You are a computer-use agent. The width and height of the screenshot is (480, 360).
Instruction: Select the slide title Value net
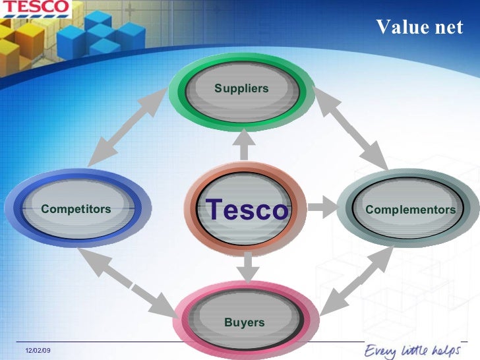pos(419,27)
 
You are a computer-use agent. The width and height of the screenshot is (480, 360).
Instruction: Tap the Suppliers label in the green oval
pos(241,88)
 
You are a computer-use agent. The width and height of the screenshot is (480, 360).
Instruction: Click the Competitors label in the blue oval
pos(76,209)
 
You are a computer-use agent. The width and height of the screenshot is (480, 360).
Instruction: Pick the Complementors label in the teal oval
pos(410,210)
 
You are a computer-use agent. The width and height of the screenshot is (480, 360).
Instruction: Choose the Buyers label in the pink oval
pos(244,322)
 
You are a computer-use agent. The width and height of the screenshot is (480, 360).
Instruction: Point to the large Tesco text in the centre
pos(247,210)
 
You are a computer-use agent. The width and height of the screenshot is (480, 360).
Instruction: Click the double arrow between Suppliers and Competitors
pos(126,127)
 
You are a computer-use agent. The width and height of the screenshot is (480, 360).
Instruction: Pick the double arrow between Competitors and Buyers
pos(128,281)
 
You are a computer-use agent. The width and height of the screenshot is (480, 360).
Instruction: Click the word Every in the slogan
pos(381,349)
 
